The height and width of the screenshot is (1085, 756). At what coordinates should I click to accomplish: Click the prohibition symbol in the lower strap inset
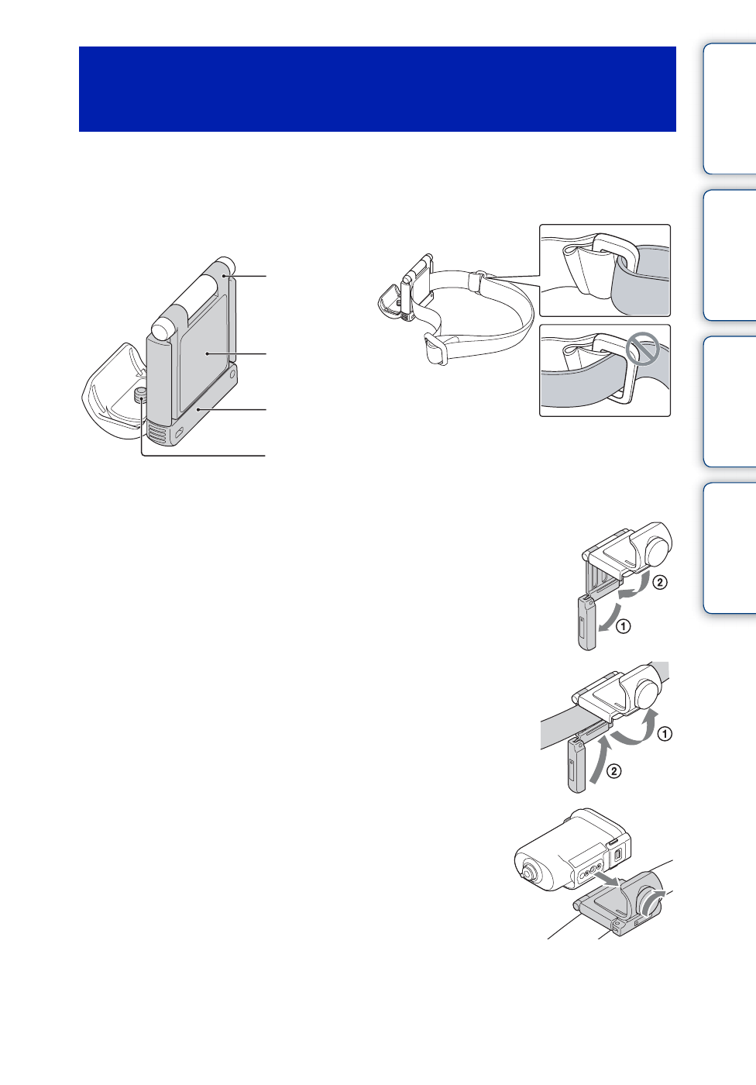point(642,350)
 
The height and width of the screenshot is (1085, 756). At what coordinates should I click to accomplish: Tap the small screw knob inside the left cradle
point(140,396)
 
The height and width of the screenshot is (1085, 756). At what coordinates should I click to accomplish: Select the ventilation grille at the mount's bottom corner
point(156,436)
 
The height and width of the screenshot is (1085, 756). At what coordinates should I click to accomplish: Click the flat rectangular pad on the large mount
point(204,353)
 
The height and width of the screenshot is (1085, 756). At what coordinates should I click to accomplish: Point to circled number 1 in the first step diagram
point(624,626)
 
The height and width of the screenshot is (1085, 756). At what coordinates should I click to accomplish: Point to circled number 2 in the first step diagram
point(658,582)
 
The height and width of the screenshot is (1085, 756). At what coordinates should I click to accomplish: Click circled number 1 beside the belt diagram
point(665,733)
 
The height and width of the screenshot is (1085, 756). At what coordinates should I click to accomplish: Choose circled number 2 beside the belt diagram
point(613,771)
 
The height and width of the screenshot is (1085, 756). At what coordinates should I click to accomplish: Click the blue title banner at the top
point(377,89)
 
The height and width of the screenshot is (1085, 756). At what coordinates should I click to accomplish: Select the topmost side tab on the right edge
point(729,108)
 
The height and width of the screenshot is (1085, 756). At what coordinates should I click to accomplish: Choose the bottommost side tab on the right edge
point(729,548)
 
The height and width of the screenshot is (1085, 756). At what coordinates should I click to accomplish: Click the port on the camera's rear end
point(618,856)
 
